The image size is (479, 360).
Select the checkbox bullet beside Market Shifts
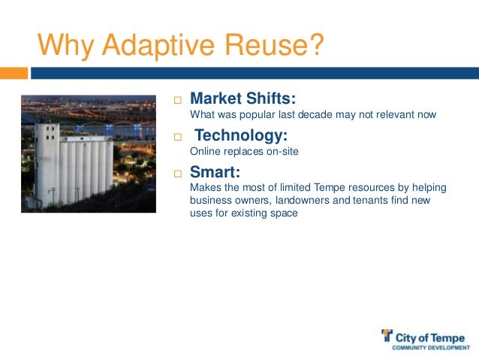coord(178,100)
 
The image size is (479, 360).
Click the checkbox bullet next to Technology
coord(178,138)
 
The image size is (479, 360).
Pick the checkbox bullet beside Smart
coord(178,174)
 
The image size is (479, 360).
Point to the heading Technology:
coord(241,135)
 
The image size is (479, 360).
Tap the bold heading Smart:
coord(215,172)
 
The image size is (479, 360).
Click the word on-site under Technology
coord(279,151)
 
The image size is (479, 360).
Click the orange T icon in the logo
coord(387,336)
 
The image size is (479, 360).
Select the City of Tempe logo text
coord(431,337)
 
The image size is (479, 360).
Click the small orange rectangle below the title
coord(14,73)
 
